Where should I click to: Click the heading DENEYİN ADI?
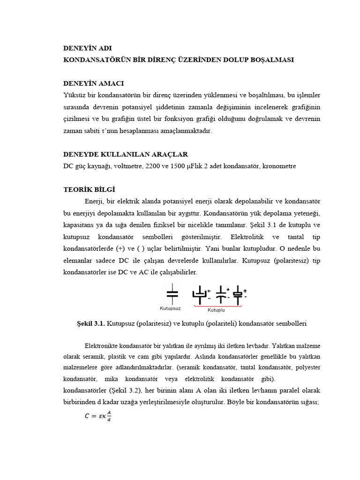(88, 48)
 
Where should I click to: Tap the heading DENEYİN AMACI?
(94, 83)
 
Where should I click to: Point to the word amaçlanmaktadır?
(186, 131)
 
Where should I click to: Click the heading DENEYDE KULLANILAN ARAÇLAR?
(126, 154)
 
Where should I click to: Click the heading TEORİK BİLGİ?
(89, 189)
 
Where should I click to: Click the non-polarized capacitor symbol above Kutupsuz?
(172, 293)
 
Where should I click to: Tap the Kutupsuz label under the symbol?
(170, 308)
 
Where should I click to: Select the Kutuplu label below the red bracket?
(216, 310)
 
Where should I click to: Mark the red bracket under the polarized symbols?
(217, 306)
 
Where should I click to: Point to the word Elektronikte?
(102, 346)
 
